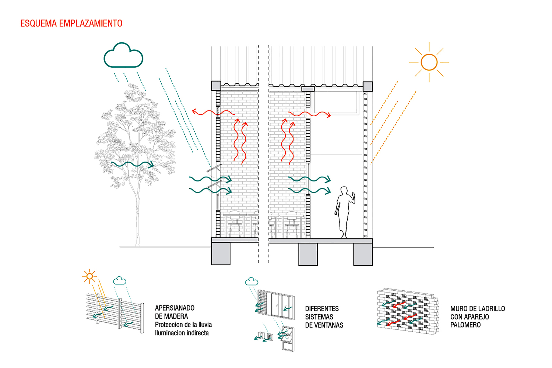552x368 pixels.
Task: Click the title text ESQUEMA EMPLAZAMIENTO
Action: [x=71, y=24]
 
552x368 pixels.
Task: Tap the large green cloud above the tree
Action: [x=123, y=56]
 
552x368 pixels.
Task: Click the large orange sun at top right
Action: [x=429, y=62]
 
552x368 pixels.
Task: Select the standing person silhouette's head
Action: [x=344, y=191]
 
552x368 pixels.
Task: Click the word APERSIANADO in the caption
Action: [x=175, y=308]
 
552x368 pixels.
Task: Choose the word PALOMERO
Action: [x=465, y=325]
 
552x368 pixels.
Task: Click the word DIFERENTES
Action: [x=322, y=309]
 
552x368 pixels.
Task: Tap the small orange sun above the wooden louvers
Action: [x=89, y=276]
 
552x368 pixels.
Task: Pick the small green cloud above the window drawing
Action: [x=252, y=282]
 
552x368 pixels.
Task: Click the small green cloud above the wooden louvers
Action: [x=120, y=281]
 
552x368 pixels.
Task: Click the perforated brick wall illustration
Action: [x=408, y=311]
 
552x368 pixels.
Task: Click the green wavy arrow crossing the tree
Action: [x=133, y=164]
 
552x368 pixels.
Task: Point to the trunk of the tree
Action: [x=137, y=221]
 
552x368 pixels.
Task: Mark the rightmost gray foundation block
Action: [x=363, y=254]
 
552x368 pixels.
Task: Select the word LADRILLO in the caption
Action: [x=492, y=309]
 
